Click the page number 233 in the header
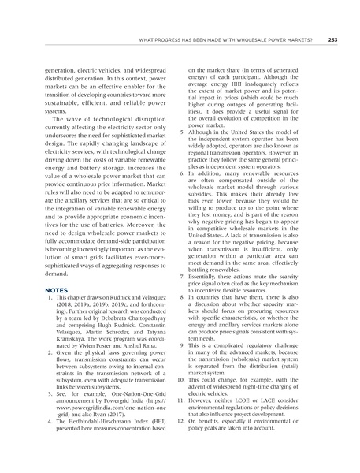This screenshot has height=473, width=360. [x=332, y=39]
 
